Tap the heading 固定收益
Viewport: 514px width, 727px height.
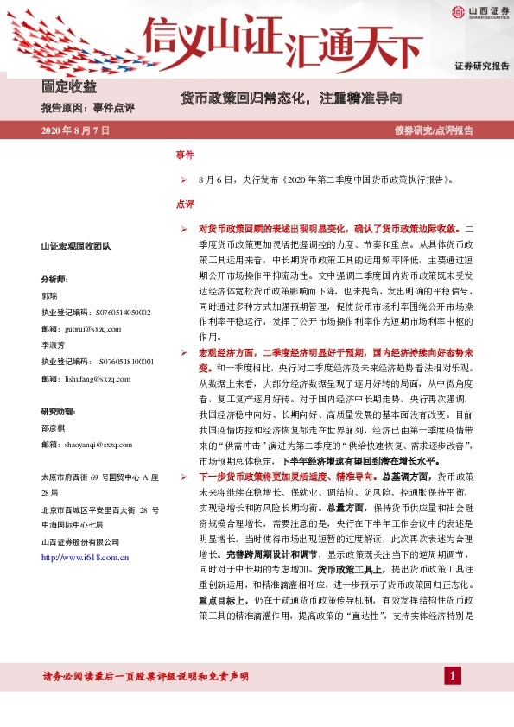pos(69,86)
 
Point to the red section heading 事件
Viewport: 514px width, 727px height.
pos(184,155)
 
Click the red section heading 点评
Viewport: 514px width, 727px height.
pos(184,205)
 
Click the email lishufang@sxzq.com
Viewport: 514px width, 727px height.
pos(85,378)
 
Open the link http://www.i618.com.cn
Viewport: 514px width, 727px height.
pos(86,558)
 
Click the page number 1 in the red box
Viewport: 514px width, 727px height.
pos(451,674)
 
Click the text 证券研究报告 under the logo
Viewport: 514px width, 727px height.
pos(482,66)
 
